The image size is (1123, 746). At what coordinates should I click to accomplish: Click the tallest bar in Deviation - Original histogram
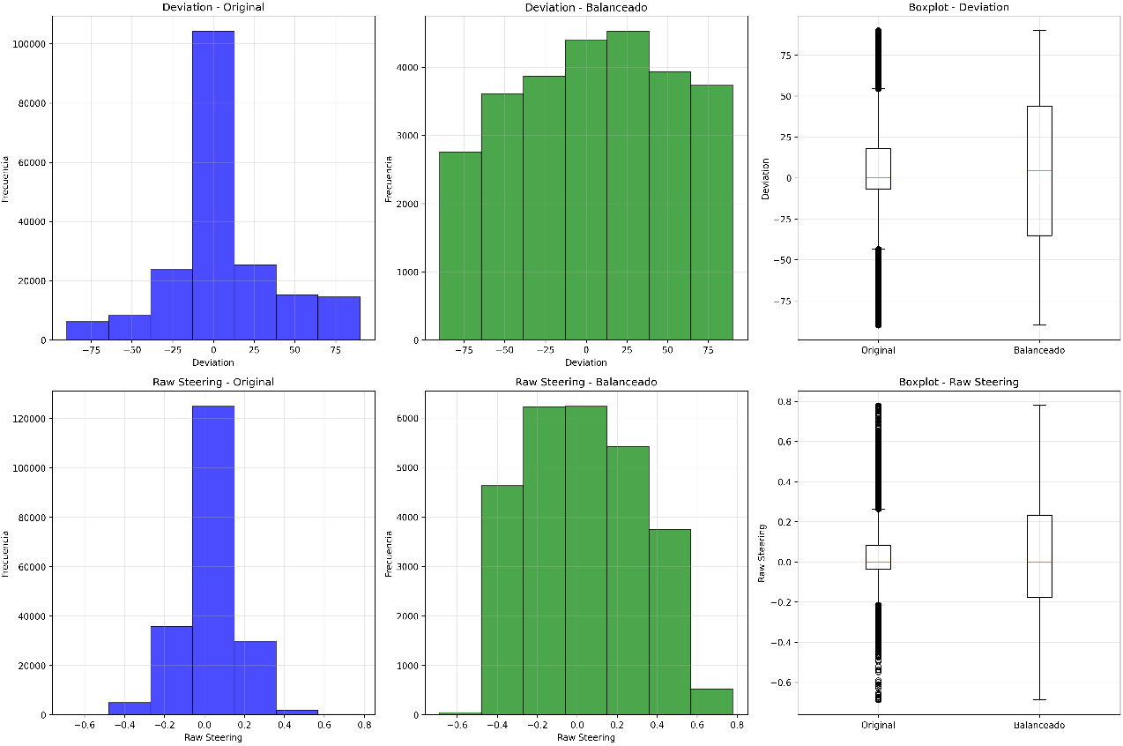(213, 185)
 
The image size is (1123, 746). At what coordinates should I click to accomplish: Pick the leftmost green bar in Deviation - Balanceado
(460, 246)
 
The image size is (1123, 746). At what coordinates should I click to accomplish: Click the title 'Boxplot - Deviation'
(959, 7)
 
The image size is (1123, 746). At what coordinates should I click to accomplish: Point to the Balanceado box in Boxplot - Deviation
(1039, 171)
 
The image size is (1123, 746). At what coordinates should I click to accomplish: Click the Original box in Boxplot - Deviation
(878, 168)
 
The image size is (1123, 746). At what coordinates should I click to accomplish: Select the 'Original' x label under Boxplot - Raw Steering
(878, 725)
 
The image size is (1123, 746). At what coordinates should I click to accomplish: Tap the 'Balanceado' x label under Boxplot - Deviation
(1039, 350)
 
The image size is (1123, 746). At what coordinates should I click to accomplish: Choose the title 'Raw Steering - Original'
(213, 382)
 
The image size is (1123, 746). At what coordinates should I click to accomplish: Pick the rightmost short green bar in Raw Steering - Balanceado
(711, 702)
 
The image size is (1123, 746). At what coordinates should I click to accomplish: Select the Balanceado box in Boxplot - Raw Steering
(1039, 556)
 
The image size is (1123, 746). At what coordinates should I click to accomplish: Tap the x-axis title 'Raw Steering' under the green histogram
(585, 737)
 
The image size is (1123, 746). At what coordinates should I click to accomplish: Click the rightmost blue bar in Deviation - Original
(338, 318)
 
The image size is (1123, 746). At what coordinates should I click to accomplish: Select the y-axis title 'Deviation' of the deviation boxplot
(765, 179)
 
